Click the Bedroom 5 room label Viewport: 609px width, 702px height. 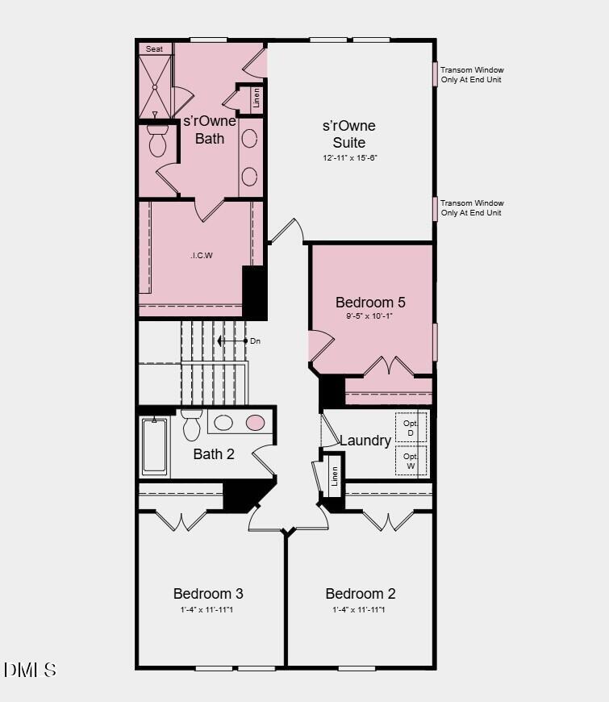pyautogui.click(x=370, y=303)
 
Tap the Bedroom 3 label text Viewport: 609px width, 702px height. pyautogui.click(x=208, y=594)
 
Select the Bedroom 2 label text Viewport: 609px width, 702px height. pyautogui.click(x=361, y=594)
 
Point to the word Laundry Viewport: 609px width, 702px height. pyautogui.click(x=365, y=441)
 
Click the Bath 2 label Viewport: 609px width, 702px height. pyautogui.click(x=214, y=454)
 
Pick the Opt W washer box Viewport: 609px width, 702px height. pyautogui.click(x=411, y=460)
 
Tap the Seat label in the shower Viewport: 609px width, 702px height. pyautogui.click(x=154, y=49)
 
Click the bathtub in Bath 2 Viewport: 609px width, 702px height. pyautogui.click(x=154, y=446)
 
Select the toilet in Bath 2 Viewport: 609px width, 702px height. pyautogui.click(x=191, y=424)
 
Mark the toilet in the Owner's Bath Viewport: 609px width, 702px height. pyautogui.click(x=157, y=141)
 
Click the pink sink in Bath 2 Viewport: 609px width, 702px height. pyautogui.click(x=255, y=422)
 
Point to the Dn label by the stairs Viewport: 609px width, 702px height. pyautogui.click(x=255, y=341)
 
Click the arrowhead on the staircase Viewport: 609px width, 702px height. pyautogui.click(x=221, y=341)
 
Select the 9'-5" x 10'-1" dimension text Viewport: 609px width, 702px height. pyautogui.click(x=370, y=316)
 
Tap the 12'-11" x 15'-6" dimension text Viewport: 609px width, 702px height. pyautogui.click(x=350, y=158)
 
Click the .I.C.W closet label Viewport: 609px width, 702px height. pyautogui.click(x=202, y=256)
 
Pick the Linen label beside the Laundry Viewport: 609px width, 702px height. pyautogui.click(x=334, y=477)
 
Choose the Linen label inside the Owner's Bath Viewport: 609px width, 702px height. pyautogui.click(x=257, y=98)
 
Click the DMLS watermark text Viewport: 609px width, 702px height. pyautogui.click(x=30, y=670)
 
